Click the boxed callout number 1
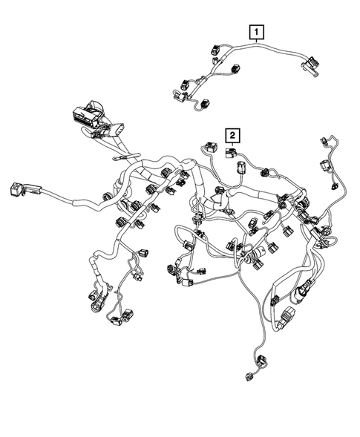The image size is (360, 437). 256,32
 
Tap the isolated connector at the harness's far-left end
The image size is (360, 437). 16,189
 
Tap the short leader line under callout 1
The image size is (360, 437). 256,42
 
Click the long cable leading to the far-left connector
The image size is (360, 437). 59,201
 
